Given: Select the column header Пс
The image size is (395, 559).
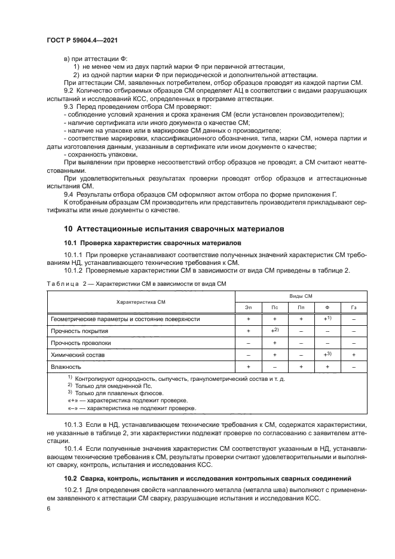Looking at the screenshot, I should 274,307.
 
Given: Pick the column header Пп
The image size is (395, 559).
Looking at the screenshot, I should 301,307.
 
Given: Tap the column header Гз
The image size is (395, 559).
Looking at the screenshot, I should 354,307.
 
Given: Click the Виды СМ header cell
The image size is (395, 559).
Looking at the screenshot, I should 301,296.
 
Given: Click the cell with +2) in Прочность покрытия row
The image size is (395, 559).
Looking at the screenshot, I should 274,330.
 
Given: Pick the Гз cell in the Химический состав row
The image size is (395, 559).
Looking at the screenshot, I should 354,355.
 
